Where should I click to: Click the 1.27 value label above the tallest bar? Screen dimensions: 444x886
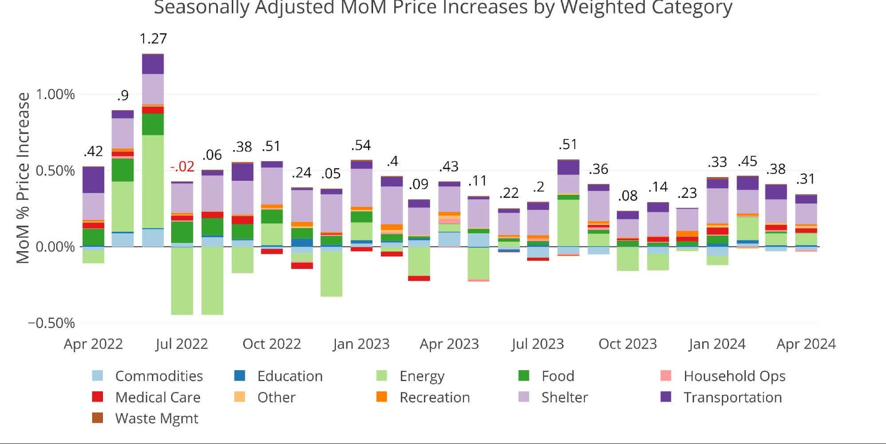click(153, 39)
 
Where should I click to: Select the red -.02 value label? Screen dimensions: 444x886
click(182, 166)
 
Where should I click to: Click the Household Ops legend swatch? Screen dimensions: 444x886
click(666, 376)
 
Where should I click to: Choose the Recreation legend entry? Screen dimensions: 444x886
click(434, 397)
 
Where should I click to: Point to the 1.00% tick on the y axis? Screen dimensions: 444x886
click(55, 94)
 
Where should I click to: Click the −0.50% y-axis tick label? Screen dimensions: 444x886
click(51, 323)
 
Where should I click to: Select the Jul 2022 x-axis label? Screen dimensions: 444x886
click(181, 344)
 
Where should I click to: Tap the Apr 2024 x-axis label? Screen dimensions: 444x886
click(806, 344)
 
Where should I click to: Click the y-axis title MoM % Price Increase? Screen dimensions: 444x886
click(23, 178)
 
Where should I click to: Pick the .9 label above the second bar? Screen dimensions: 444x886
click(123, 95)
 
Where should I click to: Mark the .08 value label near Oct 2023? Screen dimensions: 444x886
click(627, 195)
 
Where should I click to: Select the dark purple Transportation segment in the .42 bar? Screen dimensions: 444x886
click(94, 180)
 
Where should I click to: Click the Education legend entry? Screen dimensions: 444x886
click(290, 376)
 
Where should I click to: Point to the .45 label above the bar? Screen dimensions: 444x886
click(747, 161)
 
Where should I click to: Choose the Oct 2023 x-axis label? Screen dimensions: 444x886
click(627, 344)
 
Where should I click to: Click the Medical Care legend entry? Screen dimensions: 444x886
click(157, 397)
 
